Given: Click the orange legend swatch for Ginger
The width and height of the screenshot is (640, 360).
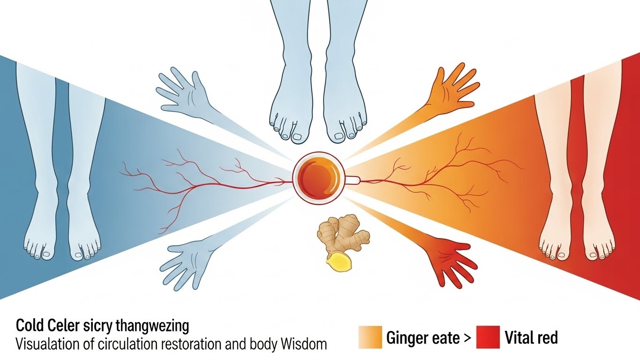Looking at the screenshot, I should click(x=370, y=337).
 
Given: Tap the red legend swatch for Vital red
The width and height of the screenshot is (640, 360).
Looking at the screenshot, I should click(x=488, y=337).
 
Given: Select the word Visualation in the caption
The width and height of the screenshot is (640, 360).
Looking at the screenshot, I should click(x=45, y=344).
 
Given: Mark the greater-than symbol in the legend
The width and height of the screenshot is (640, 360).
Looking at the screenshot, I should click(x=466, y=338).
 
